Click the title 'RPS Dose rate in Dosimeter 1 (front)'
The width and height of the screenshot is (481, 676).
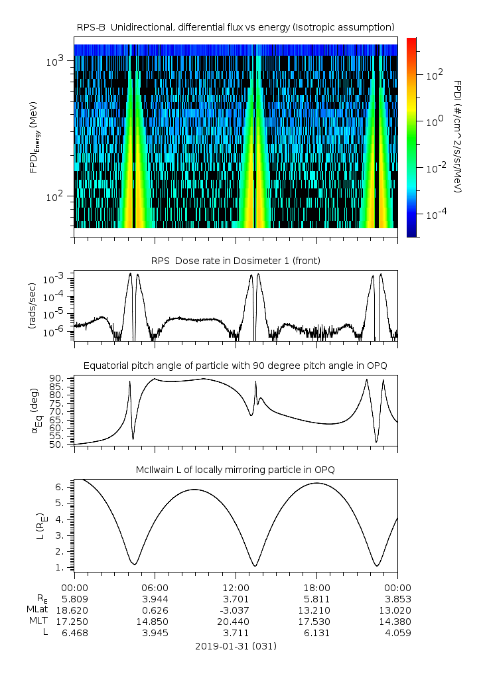pos(236,261)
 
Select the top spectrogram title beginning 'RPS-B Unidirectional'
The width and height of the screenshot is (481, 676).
pos(236,27)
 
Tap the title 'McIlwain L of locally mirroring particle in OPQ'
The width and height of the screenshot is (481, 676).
pos(236,470)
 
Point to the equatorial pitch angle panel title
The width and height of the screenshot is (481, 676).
pos(236,366)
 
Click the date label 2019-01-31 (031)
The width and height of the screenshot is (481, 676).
pos(236,646)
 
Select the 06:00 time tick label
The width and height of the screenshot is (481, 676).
pos(155,587)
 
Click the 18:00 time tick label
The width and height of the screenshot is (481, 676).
pos(316,587)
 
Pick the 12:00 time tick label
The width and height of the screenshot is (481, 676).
pos(236,587)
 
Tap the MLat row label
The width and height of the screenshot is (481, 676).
pos(35,609)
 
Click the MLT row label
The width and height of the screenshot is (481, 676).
pos(36,621)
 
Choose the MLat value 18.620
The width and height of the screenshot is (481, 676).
pos(74,609)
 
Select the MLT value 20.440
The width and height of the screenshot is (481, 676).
pos(236,621)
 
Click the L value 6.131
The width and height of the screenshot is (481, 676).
pos(316,633)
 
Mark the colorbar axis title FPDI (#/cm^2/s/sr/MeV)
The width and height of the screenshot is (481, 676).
pos(458,136)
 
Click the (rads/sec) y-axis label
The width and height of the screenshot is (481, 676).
pos(33,306)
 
